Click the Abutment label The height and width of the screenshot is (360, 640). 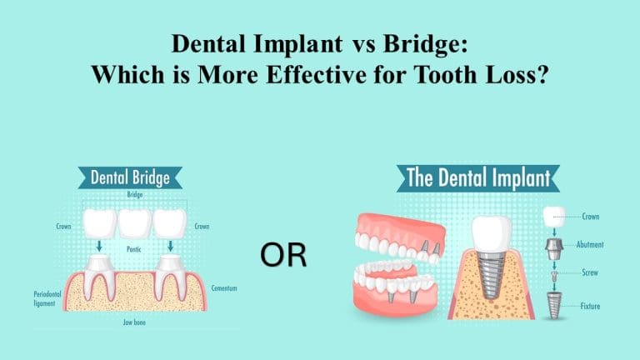click(x=587, y=245)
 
